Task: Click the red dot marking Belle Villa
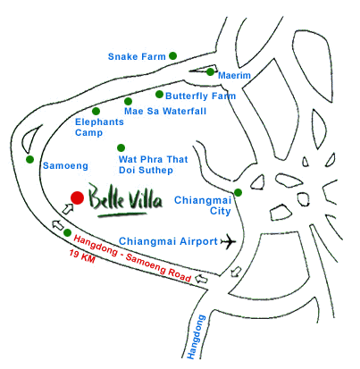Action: click(77, 197)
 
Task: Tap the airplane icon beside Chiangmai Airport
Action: click(229, 241)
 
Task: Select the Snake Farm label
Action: click(137, 56)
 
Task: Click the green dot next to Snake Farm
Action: click(172, 55)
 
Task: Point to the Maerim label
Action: click(234, 75)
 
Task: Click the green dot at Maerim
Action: click(210, 71)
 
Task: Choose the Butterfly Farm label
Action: click(201, 96)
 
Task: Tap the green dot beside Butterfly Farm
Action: click(159, 95)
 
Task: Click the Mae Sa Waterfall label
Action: click(165, 112)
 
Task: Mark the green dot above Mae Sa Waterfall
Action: click(128, 101)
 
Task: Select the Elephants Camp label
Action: click(99, 127)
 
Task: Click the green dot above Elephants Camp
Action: click(96, 112)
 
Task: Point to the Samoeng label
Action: click(65, 166)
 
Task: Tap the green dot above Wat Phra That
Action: click(121, 147)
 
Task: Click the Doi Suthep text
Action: click(146, 170)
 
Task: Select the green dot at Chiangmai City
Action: click(238, 193)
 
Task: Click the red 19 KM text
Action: click(82, 256)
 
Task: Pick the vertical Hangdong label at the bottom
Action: click(197, 337)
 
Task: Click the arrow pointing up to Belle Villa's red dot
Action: click(68, 208)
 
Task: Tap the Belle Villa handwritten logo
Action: click(126, 200)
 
